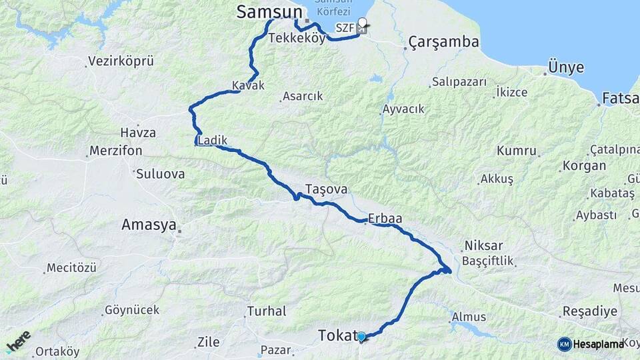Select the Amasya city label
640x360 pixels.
coord(148,225)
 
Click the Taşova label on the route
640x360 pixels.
coord(326,189)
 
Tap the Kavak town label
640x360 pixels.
coord(248,85)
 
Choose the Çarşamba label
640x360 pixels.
coord(445,42)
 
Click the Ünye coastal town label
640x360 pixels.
coord(566,67)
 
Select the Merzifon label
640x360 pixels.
coord(117,151)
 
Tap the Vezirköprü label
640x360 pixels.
coord(121,61)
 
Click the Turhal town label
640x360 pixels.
coord(267,311)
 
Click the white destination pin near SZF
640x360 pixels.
coord(362,24)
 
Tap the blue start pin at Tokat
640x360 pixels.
coord(361,337)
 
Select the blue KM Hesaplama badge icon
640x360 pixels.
coord(564,344)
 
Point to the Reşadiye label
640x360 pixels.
coord(585,311)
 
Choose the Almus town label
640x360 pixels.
coord(469,317)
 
